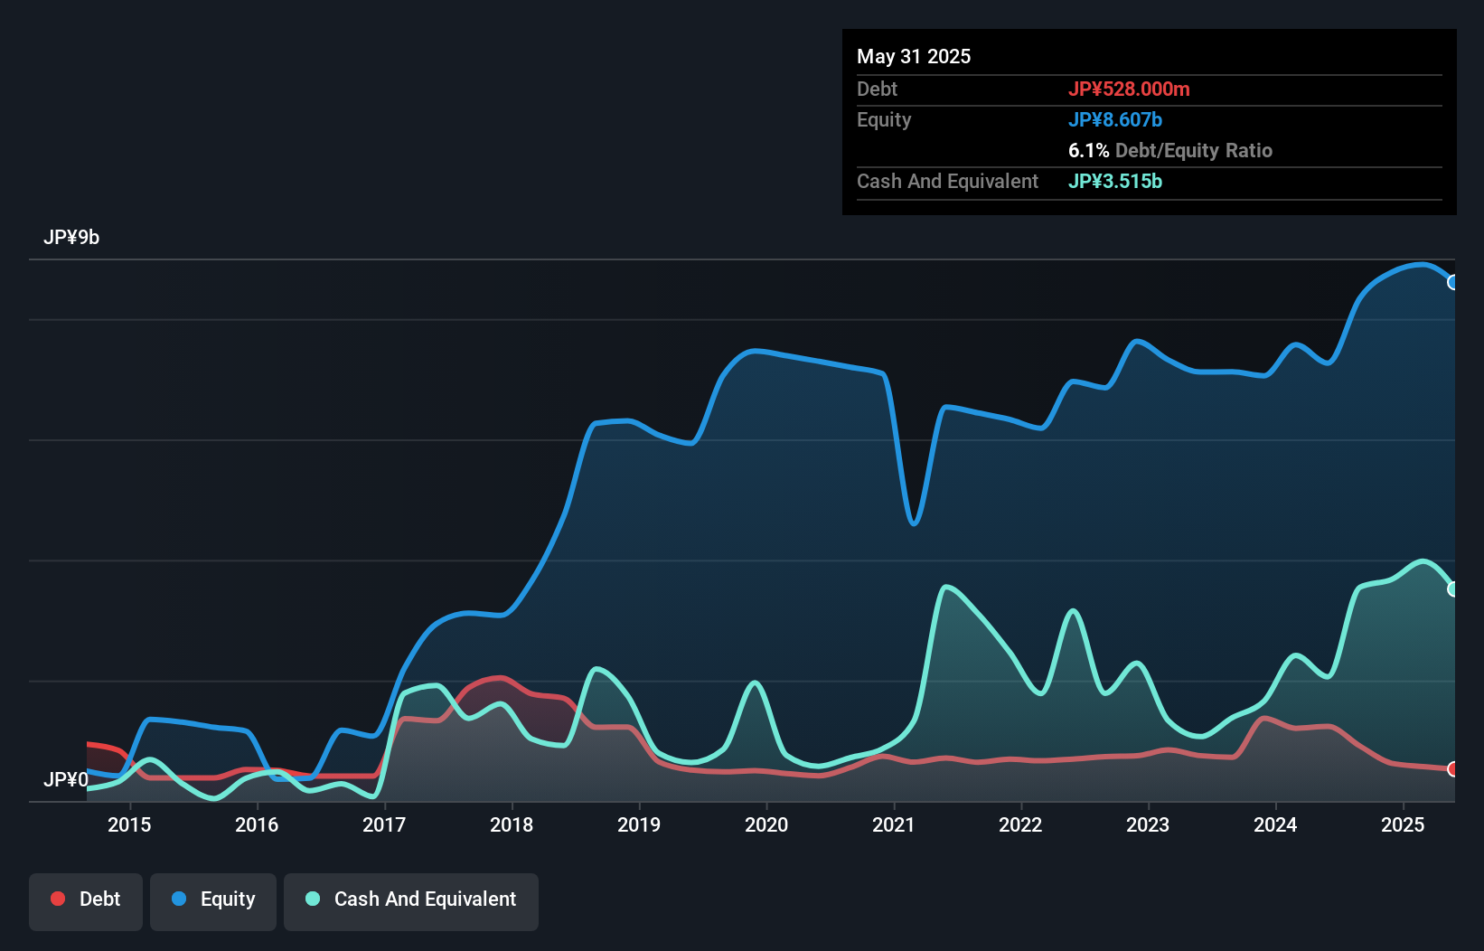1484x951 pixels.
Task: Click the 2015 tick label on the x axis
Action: (x=129, y=824)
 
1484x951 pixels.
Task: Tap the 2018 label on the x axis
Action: (x=512, y=824)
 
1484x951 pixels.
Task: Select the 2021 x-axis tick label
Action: (x=893, y=824)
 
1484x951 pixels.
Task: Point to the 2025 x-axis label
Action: (x=1403, y=824)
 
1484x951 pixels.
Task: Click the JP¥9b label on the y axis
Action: (x=71, y=238)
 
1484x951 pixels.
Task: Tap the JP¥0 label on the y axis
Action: (x=65, y=779)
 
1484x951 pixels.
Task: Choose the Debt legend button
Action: (x=86, y=899)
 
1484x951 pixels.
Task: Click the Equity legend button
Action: (x=213, y=899)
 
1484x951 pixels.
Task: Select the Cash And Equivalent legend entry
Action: (x=411, y=899)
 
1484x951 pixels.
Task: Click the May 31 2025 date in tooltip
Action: (x=914, y=57)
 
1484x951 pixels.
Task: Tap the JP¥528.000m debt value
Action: (x=1129, y=89)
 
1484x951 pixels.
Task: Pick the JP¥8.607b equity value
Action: (x=1115, y=120)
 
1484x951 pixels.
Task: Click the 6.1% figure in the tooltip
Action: (x=1088, y=151)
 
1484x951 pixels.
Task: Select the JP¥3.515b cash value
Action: (x=1115, y=182)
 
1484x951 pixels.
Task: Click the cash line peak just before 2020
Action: (x=755, y=683)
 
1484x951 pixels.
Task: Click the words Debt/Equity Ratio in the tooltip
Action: (x=1193, y=151)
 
